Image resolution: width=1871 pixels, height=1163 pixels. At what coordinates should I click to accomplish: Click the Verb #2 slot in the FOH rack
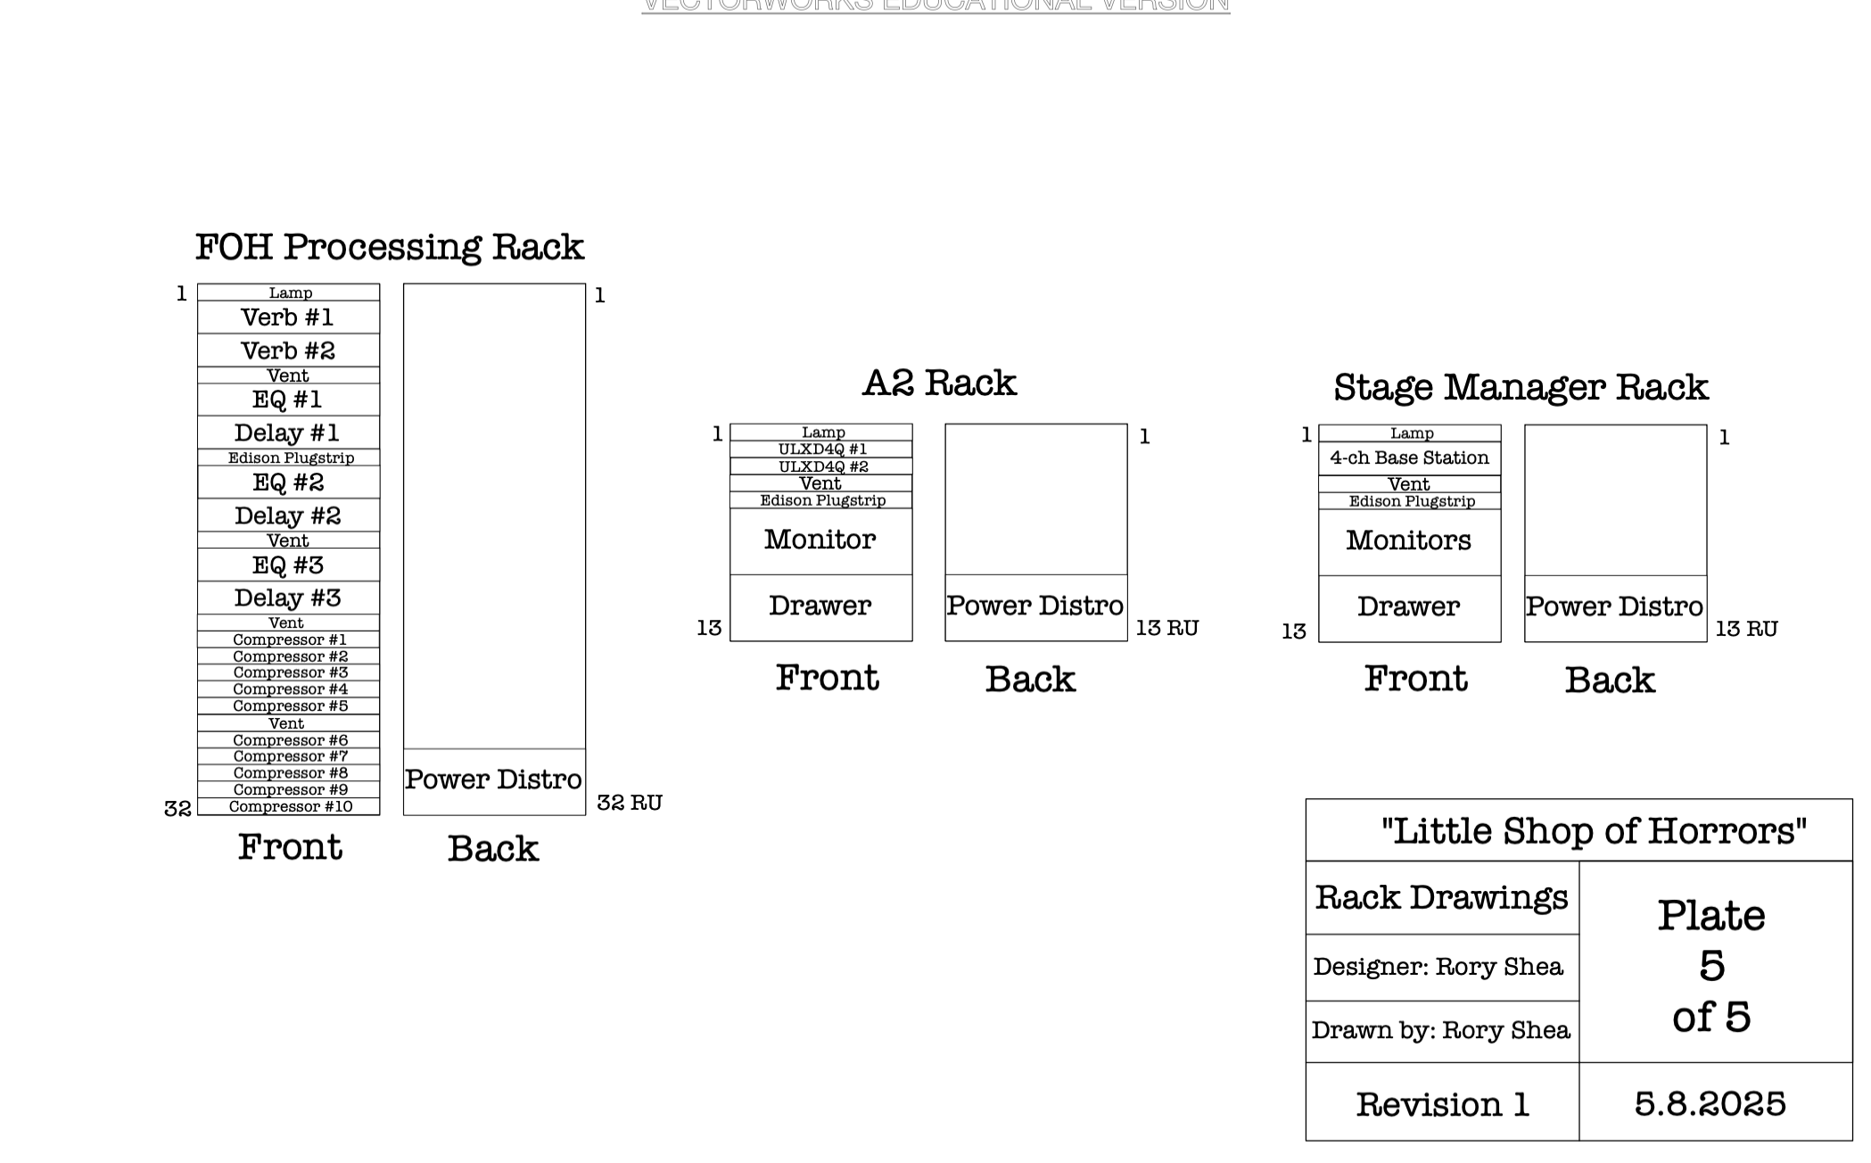pyautogui.click(x=288, y=351)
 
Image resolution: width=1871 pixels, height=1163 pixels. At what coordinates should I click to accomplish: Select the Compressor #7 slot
pyautogui.click(x=290, y=756)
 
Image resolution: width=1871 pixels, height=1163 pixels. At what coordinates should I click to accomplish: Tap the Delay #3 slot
pyautogui.click(x=288, y=598)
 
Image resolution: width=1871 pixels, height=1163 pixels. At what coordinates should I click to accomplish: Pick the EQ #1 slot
pyautogui.click(x=288, y=400)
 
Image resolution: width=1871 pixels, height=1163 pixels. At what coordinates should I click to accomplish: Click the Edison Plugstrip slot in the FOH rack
pyautogui.click(x=290, y=458)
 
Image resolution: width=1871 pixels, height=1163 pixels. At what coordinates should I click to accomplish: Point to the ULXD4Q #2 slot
pyautogui.click(x=822, y=466)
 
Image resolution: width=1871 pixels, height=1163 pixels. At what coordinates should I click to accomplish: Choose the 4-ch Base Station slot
pyautogui.click(x=1409, y=458)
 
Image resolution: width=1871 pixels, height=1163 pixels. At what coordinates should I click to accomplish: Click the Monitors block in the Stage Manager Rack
pyautogui.click(x=1408, y=540)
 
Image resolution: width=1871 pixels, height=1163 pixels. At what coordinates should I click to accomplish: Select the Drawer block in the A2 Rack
pyautogui.click(x=820, y=606)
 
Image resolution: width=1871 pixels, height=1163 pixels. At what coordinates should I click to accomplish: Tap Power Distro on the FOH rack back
pyautogui.click(x=493, y=780)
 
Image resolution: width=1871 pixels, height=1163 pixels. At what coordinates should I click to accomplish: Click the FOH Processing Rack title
pyautogui.click(x=389, y=247)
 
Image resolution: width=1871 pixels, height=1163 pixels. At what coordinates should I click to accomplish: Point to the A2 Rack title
pyautogui.click(x=939, y=384)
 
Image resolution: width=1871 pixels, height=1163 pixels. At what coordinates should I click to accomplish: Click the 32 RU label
pyautogui.click(x=629, y=803)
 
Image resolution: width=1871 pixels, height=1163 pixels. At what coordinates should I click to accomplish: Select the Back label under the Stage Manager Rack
pyautogui.click(x=1609, y=680)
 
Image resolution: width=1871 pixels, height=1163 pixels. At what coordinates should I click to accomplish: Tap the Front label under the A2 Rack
pyautogui.click(x=827, y=679)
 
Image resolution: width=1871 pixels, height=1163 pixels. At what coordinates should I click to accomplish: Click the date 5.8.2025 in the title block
pyautogui.click(x=1710, y=1104)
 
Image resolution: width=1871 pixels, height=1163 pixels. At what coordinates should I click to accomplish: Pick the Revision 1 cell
pyautogui.click(x=1442, y=1105)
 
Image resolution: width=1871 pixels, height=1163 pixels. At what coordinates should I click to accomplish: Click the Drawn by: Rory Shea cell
pyautogui.click(x=1440, y=1031)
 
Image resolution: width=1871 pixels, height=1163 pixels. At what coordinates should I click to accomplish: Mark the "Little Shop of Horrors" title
pyautogui.click(x=1594, y=831)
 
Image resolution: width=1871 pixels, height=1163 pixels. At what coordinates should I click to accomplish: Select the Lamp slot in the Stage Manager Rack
pyautogui.click(x=1411, y=433)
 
